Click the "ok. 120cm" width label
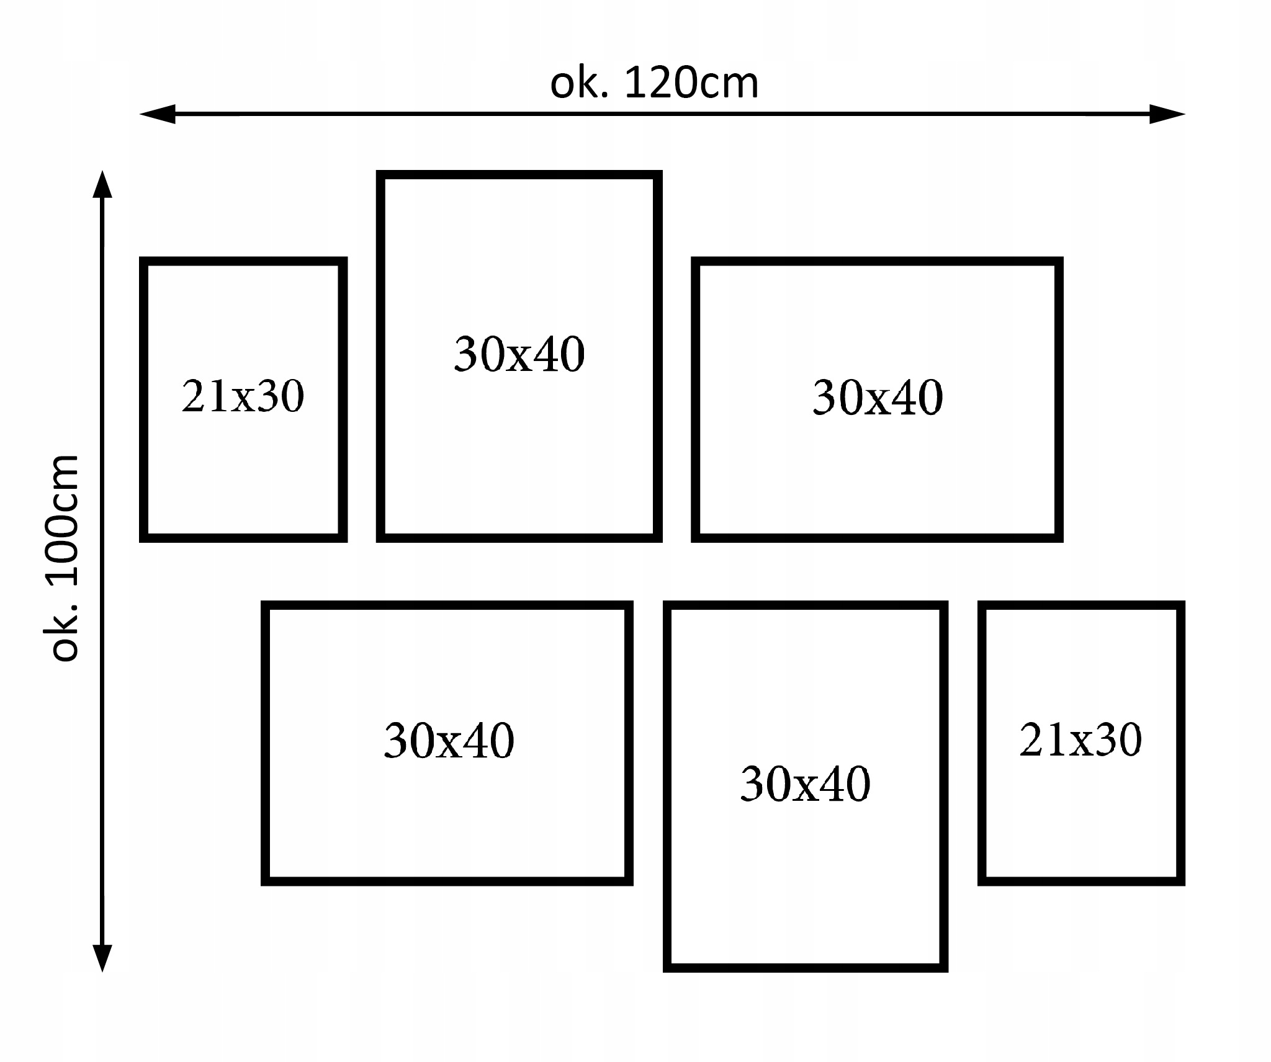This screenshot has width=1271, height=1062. click(x=654, y=84)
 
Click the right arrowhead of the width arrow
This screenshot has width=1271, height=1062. click(x=1168, y=114)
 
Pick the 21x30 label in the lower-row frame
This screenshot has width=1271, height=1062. click(x=1080, y=739)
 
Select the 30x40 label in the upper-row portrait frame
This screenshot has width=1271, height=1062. click(x=519, y=354)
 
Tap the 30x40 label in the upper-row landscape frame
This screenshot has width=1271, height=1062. click(x=878, y=398)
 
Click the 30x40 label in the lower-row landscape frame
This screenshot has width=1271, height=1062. click(x=449, y=741)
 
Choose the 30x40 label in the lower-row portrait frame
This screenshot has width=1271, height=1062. click(x=805, y=784)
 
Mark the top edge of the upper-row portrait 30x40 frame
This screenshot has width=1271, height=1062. click(x=519, y=175)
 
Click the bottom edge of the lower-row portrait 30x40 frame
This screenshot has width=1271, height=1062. click(x=805, y=967)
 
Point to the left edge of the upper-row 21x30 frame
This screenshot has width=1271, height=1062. click(x=144, y=399)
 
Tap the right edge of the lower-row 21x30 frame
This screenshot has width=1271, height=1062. click(x=1180, y=743)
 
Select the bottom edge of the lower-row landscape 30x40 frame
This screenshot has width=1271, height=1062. click(x=447, y=881)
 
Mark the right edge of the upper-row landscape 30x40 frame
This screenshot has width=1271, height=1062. click(x=1059, y=399)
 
